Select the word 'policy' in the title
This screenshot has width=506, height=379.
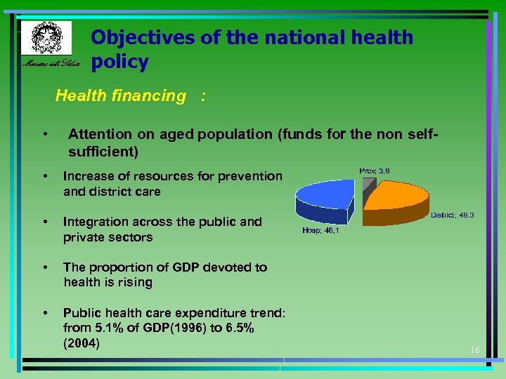tap(119, 62)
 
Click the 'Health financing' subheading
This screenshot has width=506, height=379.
tap(120, 96)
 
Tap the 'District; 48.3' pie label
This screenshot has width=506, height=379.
tap(452, 215)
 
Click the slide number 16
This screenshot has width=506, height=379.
tap(474, 350)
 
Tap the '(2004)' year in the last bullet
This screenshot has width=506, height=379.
tap(82, 343)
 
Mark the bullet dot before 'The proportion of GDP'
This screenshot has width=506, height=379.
tap(45, 267)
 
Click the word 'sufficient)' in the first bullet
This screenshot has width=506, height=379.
tap(103, 151)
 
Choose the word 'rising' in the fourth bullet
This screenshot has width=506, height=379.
tap(134, 282)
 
